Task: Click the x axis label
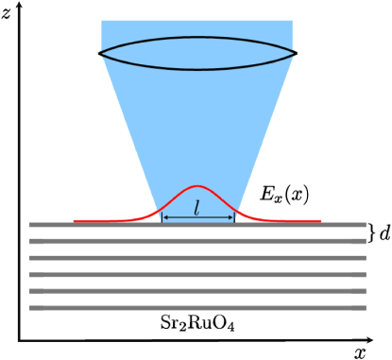point(360,352)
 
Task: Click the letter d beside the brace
point(384,231)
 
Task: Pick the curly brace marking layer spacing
point(372,231)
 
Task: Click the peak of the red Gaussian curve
point(197,186)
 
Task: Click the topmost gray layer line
point(197,225)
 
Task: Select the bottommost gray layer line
point(197,308)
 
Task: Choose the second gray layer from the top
point(197,241)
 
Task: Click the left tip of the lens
point(99,52)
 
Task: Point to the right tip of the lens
point(297,52)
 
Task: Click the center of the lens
point(197,52)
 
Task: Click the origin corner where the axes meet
point(19,340)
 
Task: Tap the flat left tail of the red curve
point(94,221)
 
